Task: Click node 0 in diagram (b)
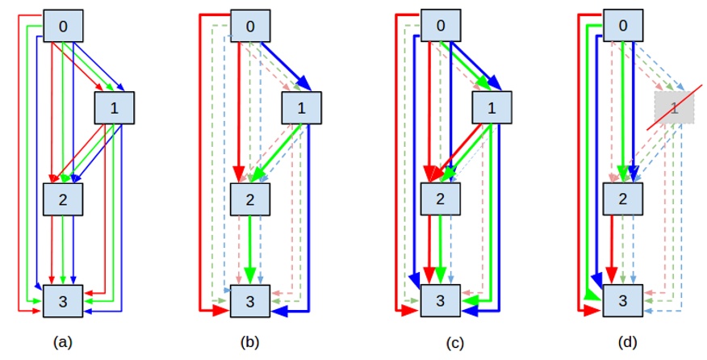pyautogui.click(x=250, y=26)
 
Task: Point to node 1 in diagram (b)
pyautogui.click(x=302, y=108)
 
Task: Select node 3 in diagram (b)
pyautogui.click(x=250, y=302)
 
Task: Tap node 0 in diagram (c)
pyautogui.click(x=441, y=26)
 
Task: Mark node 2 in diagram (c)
pyautogui.click(x=441, y=199)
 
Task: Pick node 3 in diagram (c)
pyautogui.click(x=441, y=301)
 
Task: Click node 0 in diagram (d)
pyautogui.click(x=623, y=26)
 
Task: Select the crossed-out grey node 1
pyautogui.click(x=674, y=108)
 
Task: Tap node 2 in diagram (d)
pyautogui.click(x=623, y=199)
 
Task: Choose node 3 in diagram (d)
pyautogui.click(x=623, y=301)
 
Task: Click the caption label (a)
pyautogui.click(x=61, y=343)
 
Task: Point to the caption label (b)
pyautogui.click(x=250, y=343)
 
